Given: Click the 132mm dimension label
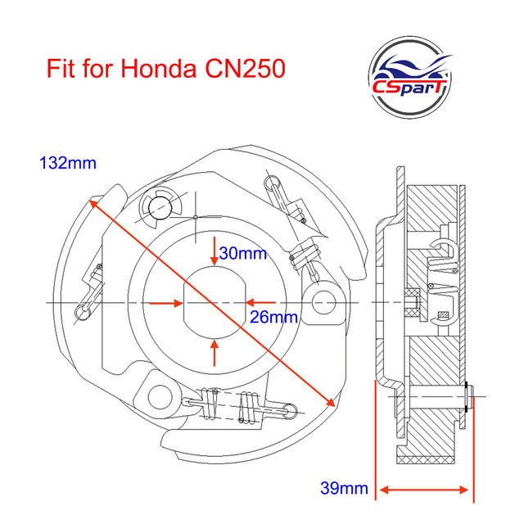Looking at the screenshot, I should coord(68,163).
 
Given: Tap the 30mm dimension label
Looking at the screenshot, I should coord(243,254).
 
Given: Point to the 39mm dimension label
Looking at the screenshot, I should coord(343,490).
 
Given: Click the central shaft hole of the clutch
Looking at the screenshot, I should coord(215,303).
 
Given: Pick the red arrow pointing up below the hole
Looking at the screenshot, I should coord(215,353).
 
